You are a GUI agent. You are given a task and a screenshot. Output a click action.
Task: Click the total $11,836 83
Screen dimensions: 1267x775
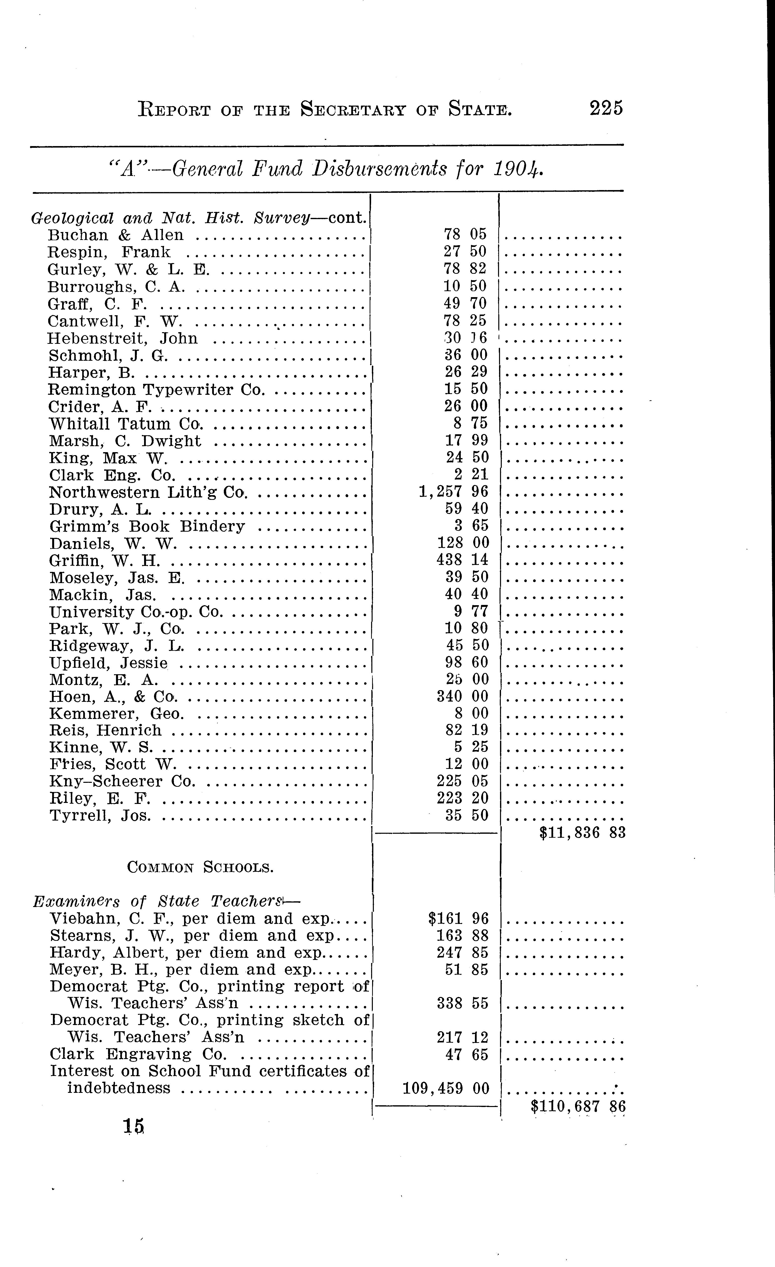coord(582,832)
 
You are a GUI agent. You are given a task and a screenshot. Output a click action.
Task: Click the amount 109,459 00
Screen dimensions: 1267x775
coord(445,1088)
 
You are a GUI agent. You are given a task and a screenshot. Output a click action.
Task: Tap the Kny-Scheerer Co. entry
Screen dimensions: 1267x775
coord(122,782)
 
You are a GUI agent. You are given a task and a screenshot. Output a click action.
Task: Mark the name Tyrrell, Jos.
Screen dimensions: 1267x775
coord(100,816)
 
